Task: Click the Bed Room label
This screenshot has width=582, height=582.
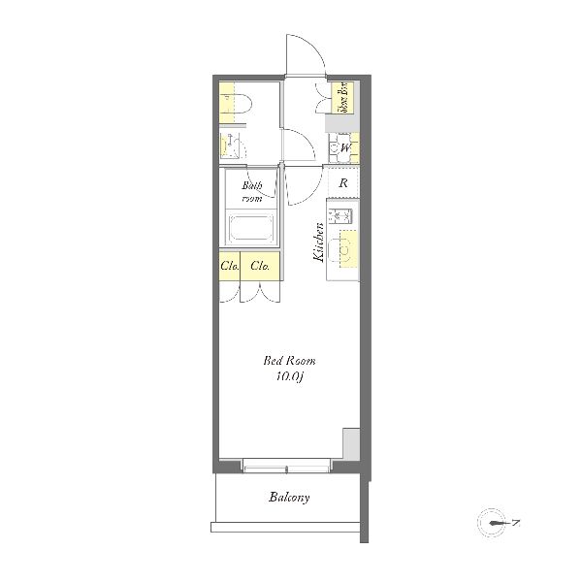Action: pyautogui.click(x=289, y=361)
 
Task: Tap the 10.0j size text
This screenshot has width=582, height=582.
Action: pyautogui.click(x=290, y=376)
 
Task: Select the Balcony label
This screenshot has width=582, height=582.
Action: pyautogui.click(x=289, y=497)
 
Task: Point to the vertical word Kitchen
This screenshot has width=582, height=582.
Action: pyautogui.click(x=318, y=242)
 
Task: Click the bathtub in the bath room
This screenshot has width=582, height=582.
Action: pyautogui.click(x=251, y=228)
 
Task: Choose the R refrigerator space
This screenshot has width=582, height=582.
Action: pyautogui.click(x=343, y=182)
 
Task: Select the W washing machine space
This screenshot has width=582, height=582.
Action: pyautogui.click(x=344, y=148)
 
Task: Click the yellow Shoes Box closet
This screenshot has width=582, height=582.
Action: pyautogui.click(x=342, y=98)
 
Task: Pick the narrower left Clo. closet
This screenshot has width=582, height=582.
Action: pyautogui.click(x=229, y=266)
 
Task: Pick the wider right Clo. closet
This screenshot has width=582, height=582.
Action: pyautogui.click(x=260, y=266)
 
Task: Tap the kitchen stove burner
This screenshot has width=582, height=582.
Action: pyautogui.click(x=339, y=216)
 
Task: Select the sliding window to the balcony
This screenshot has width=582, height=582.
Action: pyautogui.click(x=286, y=467)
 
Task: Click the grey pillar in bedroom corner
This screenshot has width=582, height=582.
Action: pyautogui.click(x=351, y=444)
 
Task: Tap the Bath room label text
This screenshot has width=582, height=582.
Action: pyautogui.click(x=252, y=191)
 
